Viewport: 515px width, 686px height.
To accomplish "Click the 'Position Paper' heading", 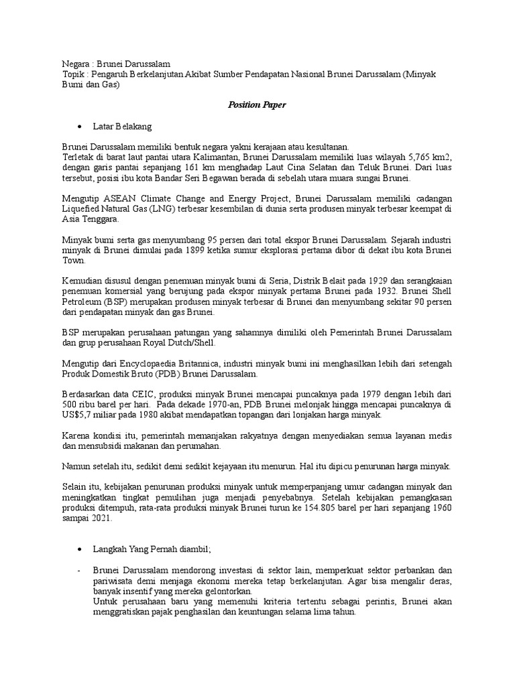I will click(x=257, y=105).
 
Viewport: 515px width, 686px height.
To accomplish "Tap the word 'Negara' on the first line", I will click(x=68, y=63).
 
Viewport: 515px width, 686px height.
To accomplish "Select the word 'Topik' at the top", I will click(x=66, y=74).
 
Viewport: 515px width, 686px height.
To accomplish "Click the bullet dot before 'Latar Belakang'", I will click(x=80, y=127).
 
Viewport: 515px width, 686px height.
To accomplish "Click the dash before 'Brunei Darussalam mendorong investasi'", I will click(x=78, y=570).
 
